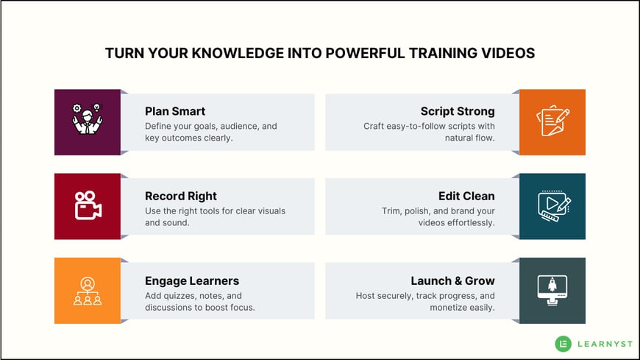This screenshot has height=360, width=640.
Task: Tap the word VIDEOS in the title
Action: pos(508,53)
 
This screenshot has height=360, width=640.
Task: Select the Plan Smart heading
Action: pos(175,111)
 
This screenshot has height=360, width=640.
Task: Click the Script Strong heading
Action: pos(458,111)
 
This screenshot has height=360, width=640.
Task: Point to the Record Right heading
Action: pos(181,196)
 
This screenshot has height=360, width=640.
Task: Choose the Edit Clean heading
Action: pos(466,196)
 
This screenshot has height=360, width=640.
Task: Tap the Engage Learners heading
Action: pos(192,280)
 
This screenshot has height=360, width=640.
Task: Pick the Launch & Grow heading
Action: pos(452,280)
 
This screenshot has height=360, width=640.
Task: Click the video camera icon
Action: pos(88,205)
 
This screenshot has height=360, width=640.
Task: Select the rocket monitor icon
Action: pos(552,290)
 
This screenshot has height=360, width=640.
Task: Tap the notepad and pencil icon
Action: pos(552,121)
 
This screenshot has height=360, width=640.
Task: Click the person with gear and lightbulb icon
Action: pos(87,119)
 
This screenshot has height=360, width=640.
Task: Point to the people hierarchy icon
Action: pos(88,291)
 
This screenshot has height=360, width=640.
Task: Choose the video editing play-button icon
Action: pos(554,205)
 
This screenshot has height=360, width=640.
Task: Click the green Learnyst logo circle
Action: pos(563,344)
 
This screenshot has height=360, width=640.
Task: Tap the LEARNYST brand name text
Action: pos(605,344)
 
